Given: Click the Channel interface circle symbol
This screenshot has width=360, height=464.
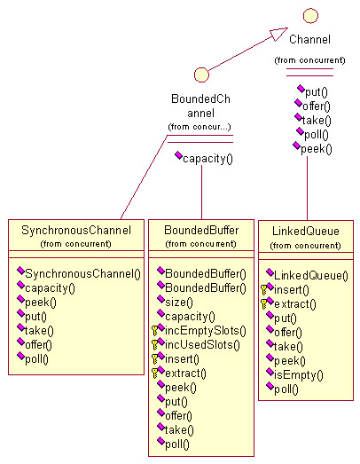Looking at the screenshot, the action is coord(310,16).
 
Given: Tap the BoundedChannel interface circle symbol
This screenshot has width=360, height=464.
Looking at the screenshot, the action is coord(201,75).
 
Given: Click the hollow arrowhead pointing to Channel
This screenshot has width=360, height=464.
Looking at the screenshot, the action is coord(278,34).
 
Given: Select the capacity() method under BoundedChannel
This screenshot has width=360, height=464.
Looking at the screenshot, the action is coord(207,159).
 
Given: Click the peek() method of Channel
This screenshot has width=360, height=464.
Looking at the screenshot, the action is coord(317,149).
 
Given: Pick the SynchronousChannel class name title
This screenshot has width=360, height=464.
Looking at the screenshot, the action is coord(76,230).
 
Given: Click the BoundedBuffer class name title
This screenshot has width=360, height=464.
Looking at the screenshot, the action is coord(201,230).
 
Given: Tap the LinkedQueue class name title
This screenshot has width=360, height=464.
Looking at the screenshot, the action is coord(306,231).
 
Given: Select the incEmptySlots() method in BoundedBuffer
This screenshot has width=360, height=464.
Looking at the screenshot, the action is coord(206,331).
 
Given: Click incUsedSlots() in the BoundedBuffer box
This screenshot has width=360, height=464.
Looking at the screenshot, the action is coord(202,345).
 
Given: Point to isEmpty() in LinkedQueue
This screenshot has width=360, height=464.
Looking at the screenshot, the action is coord(299,375).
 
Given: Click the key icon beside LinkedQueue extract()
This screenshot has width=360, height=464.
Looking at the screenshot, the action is coord(264,304).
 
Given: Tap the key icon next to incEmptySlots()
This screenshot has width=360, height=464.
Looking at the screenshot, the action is coord(154,331).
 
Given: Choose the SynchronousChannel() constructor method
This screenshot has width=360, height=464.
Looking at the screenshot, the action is coord(82,274).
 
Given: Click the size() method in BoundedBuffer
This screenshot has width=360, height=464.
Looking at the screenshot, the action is coord(179,303).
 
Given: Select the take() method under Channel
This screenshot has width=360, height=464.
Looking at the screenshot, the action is coord(317,121).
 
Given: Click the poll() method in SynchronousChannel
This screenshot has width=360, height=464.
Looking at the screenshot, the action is coord(36,359).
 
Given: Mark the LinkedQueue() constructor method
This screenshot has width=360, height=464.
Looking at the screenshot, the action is coord(311,276).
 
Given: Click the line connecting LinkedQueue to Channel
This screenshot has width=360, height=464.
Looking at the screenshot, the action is coord(307,188).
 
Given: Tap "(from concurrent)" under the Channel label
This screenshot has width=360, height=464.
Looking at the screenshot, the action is coord(309,60).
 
